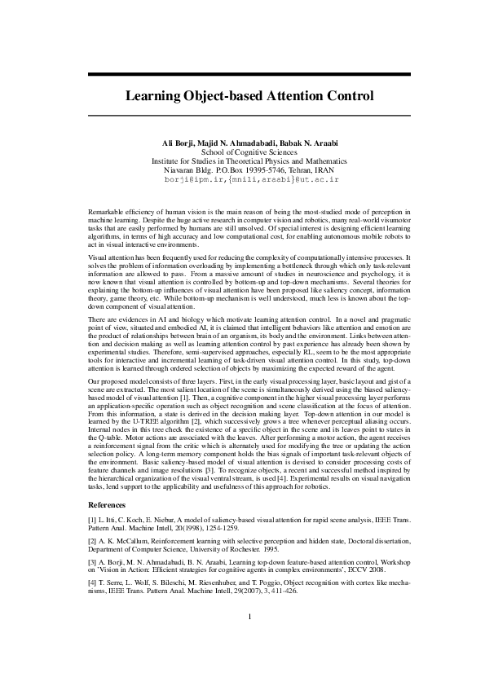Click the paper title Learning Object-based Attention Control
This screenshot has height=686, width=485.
click(x=249, y=95)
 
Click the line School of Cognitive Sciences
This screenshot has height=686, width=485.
click(x=249, y=152)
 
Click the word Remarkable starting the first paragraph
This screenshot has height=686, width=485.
click(x=105, y=212)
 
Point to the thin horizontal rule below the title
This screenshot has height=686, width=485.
click(x=249, y=116)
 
